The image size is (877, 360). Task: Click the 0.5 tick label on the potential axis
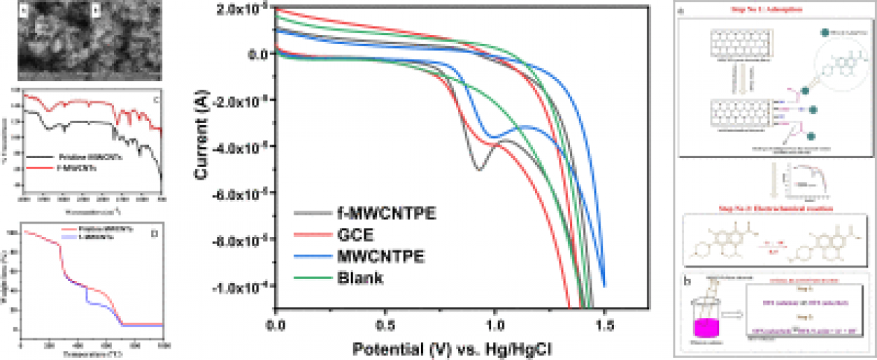386,325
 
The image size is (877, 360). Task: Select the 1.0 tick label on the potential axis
495,325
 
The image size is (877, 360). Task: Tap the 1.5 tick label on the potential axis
604,325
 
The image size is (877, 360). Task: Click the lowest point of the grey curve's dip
479,170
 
